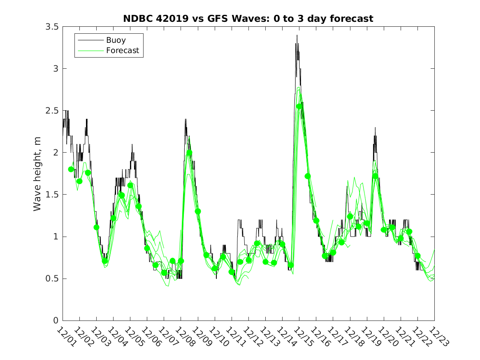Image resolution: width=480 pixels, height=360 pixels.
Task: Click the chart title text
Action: (248, 19)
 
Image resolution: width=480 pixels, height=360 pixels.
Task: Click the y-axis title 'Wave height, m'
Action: (37, 174)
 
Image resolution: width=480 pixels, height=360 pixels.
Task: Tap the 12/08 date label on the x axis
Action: (184, 337)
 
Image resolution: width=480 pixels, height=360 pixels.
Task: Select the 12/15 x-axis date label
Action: (302, 337)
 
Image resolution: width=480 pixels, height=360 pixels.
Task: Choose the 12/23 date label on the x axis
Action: (438, 337)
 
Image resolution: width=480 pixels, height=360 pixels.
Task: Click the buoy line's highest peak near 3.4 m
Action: (297, 36)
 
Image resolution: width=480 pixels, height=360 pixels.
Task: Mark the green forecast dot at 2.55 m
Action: (299, 107)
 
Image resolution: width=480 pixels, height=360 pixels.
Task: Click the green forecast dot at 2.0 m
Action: (189, 153)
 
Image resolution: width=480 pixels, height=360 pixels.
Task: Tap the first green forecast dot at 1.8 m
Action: (71, 169)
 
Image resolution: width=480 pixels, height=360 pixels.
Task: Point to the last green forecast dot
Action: (418, 256)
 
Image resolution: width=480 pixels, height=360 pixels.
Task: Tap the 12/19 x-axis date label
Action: (370, 337)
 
